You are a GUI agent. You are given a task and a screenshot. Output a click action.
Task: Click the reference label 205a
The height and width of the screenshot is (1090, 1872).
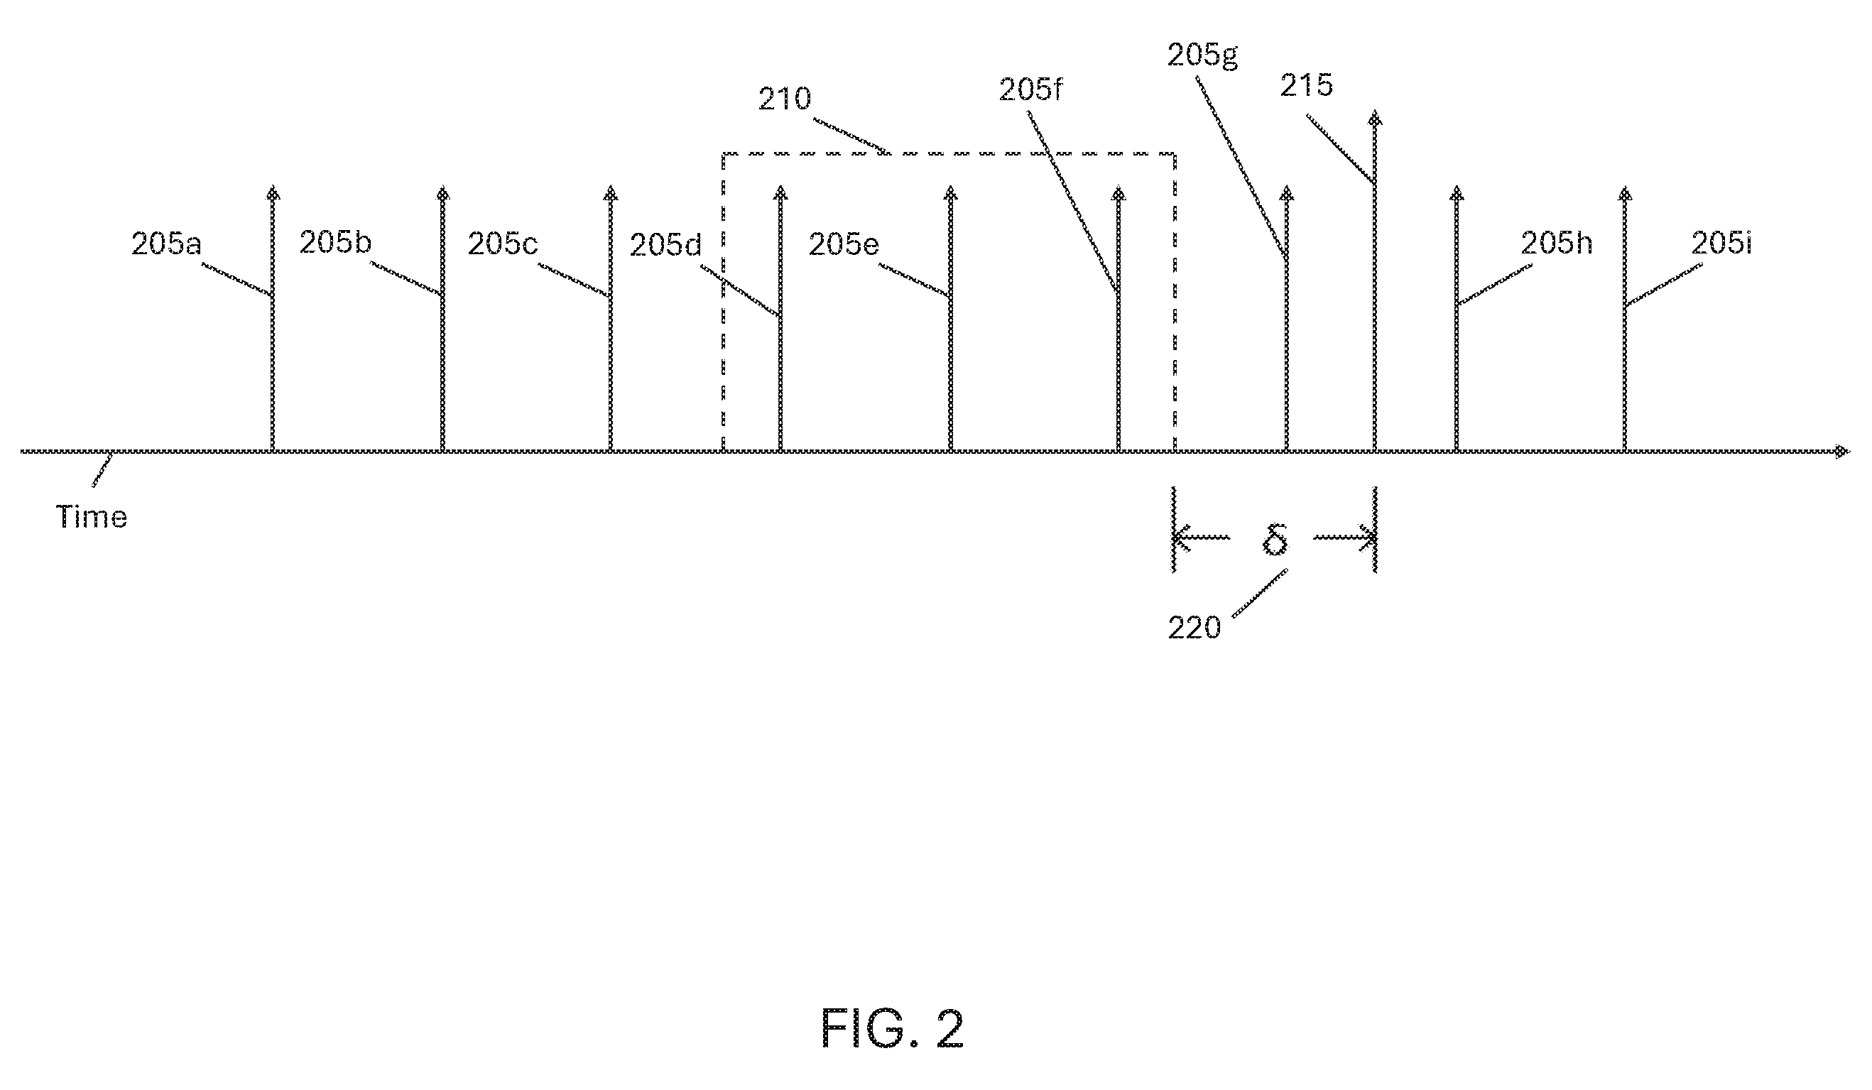[x=166, y=244]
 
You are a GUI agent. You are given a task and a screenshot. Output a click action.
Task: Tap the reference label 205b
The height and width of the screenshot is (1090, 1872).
[x=335, y=243]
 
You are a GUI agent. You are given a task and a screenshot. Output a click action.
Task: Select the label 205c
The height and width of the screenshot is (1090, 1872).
[x=502, y=244]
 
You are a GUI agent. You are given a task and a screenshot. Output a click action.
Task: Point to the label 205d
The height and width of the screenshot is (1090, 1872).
[x=665, y=245]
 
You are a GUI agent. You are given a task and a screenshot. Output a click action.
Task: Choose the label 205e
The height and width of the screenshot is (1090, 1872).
[x=844, y=244]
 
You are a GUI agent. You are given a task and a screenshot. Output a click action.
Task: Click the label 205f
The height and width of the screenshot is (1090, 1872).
[x=1030, y=90]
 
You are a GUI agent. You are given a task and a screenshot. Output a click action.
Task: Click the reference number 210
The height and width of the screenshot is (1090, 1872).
[x=785, y=99]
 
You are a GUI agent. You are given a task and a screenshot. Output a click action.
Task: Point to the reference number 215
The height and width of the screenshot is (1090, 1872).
[x=1307, y=85]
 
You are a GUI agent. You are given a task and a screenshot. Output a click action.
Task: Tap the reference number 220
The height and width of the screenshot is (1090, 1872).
[x=1195, y=628]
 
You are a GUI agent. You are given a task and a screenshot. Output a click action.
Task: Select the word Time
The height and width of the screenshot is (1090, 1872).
[x=92, y=517]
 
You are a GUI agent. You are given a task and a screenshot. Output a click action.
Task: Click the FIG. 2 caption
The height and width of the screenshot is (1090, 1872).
[x=892, y=1029]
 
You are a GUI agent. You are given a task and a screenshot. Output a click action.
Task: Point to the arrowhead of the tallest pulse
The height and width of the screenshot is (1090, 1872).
[x=1375, y=117]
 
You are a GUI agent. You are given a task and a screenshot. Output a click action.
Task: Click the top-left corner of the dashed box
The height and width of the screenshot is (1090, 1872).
[x=723, y=154]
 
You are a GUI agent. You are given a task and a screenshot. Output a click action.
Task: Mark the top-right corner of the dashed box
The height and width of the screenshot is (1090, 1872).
[x=1175, y=154]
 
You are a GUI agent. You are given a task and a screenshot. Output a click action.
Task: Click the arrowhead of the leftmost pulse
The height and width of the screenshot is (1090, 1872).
[x=273, y=192]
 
